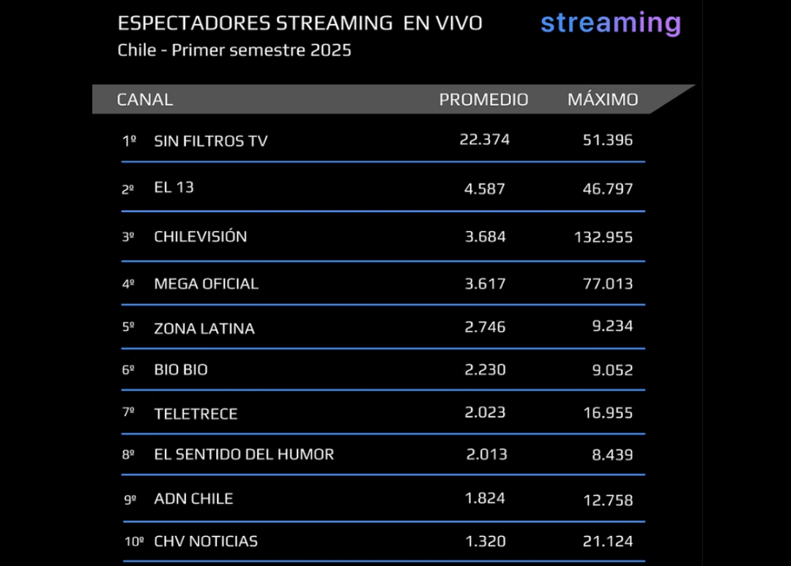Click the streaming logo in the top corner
click(x=610, y=23)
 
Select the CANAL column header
click(x=145, y=100)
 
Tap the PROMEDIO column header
click(x=483, y=100)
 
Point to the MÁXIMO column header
click(x=603, y=100)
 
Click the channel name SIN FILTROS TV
click(x=211, y=141)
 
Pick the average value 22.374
click(x=484, y=139)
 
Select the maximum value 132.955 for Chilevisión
click(x=604, y=237)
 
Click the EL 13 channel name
click(x=174, y=187)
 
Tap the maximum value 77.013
click(x=607, y=283)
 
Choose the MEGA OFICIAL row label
click(x=206, y=283)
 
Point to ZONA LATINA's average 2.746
click(x=485, y=327)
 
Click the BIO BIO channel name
click(x=181, y=370)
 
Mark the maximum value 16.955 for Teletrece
click(x=607, y=413)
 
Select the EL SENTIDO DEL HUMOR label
click(x=244, y=455)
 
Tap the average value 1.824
click(x=485, y=499)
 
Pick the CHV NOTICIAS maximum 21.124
click(x=607, y=542)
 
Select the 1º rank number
click(x=129, y=141)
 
